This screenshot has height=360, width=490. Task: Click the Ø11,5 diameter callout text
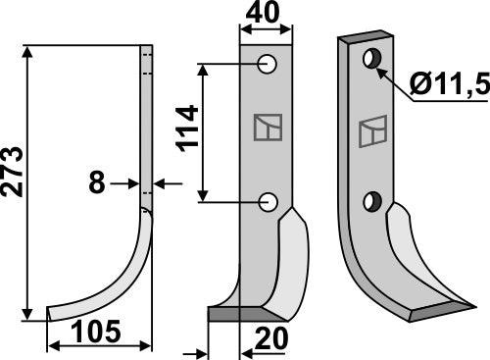click(450, 101)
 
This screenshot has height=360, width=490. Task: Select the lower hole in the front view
click(267, 202)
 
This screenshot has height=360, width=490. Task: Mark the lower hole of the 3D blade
click(370, 202)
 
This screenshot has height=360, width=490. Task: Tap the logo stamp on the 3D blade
click(372, 130)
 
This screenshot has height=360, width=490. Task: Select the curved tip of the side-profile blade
click(59, 312)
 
